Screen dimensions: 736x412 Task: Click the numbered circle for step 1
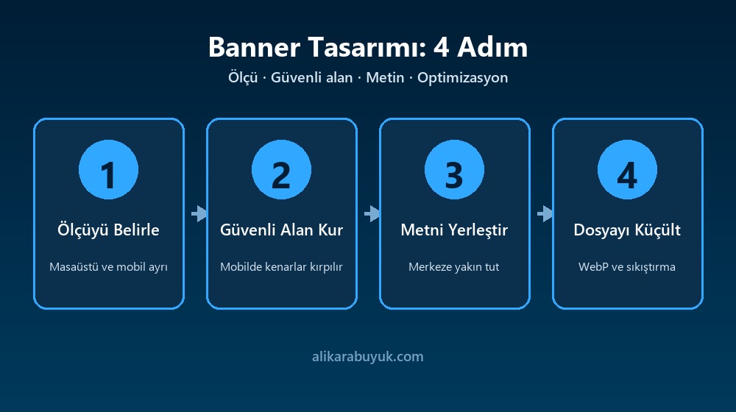tap(108, 169)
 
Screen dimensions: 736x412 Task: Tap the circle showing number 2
tap(281, 169)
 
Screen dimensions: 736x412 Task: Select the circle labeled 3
tap(454, 169)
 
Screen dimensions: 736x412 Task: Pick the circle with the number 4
tap(627, 169)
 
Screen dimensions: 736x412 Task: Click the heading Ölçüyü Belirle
tap(108, 230)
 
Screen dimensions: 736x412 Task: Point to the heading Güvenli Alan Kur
tap(282, 230)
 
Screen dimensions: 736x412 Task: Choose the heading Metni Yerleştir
tap(454, 230)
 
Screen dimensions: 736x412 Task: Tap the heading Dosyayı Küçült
tap(627, 230)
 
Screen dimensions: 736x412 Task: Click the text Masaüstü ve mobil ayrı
tap(108, 266)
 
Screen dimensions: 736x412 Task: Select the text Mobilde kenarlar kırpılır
tap(282, 266)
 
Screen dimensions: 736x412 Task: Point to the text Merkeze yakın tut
tap(454, 266)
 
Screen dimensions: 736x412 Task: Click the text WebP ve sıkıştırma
tap(627, 266)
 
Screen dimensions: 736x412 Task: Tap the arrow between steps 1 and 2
tap(199, 213)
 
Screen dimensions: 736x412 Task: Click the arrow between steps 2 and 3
tap(372, 213)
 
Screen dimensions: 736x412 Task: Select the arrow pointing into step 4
tap(545, 213)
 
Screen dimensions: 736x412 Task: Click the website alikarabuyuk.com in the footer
tap(368, 357)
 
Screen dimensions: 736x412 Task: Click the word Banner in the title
tap(254, 47)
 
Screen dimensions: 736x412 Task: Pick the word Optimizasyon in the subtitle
tap(462, 77)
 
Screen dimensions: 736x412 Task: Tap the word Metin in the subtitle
tap(385, 77)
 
